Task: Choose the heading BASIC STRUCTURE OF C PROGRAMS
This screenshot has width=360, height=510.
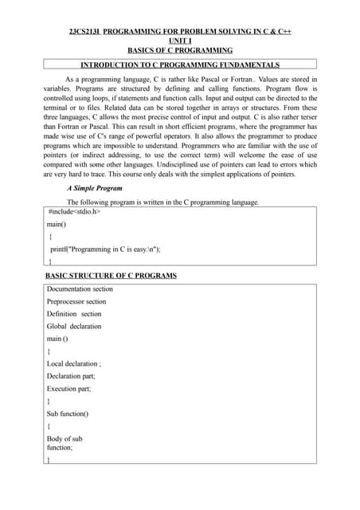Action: [x=111, y=276]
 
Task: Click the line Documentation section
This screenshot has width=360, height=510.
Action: [x=80, y=289]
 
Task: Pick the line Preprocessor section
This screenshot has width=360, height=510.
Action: [x=76, y=302]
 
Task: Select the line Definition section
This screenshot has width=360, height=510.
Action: [x=74, y=314]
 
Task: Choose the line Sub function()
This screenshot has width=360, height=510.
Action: [x=68, y=414]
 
